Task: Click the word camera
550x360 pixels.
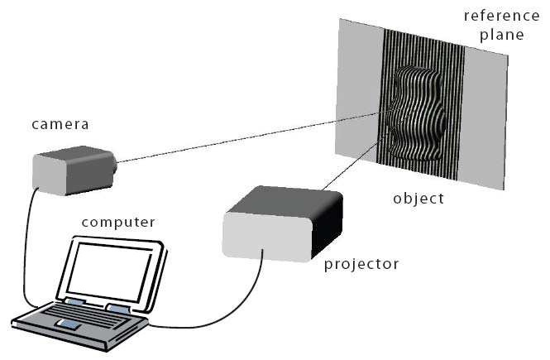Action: pos(60,125)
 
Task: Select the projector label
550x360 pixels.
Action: pos(361,265)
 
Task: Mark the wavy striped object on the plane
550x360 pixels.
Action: pos(418,116)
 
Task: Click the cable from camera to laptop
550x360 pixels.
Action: pos(26,248)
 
